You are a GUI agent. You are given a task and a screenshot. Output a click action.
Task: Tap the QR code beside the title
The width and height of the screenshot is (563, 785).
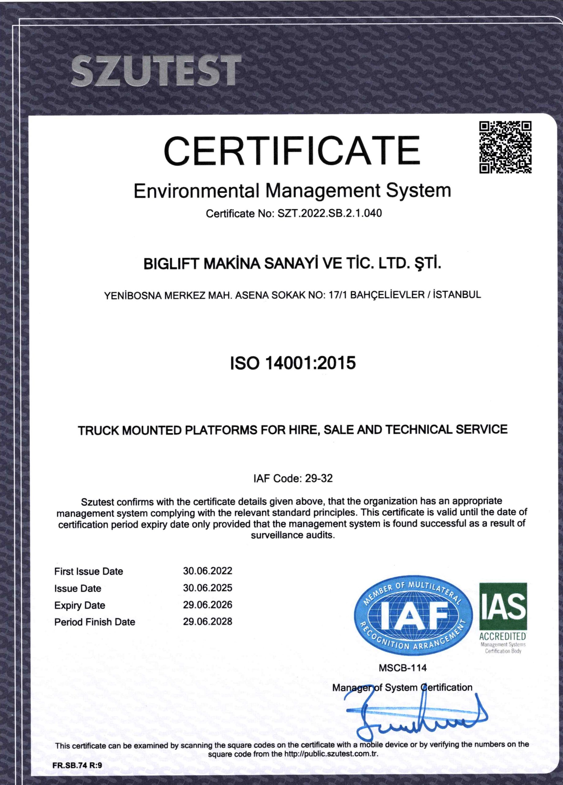pos(505,147)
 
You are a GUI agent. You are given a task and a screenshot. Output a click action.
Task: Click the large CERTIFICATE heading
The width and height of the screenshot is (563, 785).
pos(292,151)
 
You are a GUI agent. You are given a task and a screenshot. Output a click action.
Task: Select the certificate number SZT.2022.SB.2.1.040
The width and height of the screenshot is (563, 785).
pos(330,213)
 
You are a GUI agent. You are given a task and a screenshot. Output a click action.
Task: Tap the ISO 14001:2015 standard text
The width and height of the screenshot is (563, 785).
pos(293,363)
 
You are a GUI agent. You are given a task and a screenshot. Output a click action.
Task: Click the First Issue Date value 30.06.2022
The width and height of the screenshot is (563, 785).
pos(207,571)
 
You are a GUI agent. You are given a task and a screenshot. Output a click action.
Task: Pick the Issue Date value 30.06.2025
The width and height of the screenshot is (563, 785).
pos(207,588)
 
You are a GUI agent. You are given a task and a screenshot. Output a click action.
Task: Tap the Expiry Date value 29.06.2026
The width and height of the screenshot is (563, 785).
pos(207,605)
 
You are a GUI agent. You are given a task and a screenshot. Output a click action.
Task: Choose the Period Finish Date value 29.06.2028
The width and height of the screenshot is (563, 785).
pos(207,622)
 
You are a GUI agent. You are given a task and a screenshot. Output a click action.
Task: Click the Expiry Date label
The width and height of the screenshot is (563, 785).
pos(80,605)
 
